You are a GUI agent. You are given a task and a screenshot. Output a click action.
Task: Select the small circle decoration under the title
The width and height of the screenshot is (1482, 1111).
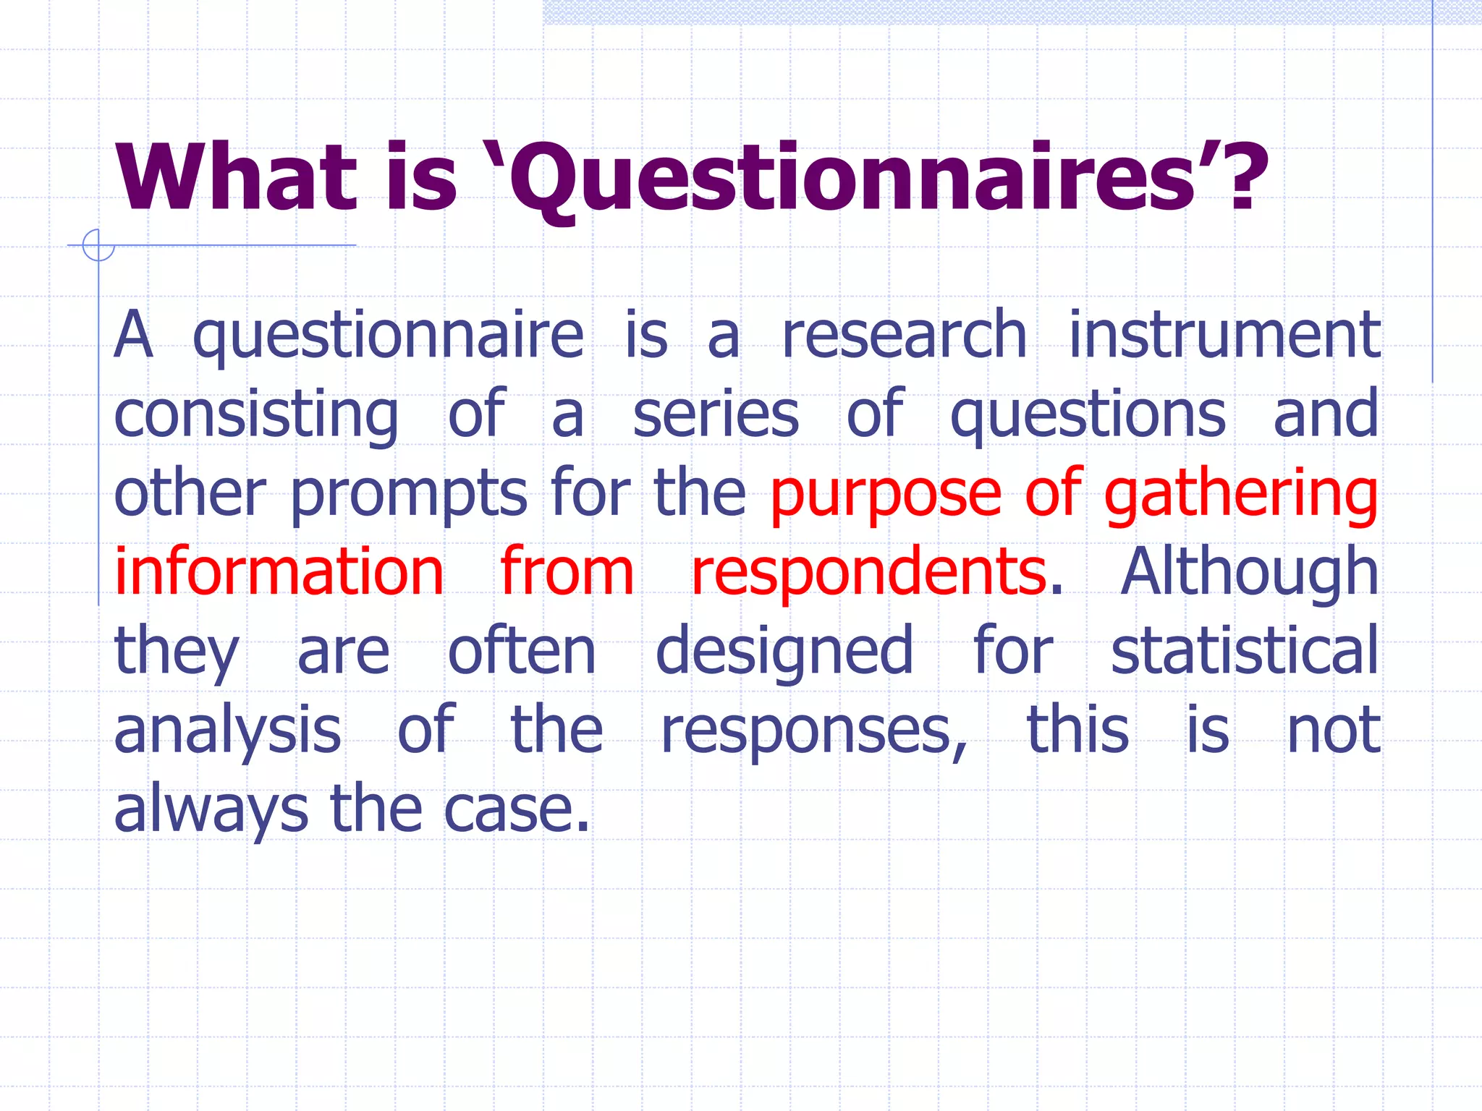tap(98, 244)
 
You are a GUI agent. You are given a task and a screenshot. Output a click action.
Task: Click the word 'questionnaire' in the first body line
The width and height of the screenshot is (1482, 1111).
tap(388, 336)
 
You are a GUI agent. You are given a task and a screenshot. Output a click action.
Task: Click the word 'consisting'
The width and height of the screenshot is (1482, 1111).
tap(256, 416)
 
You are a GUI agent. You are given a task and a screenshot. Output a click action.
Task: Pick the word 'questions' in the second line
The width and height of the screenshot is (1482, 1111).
tap(1088, 416)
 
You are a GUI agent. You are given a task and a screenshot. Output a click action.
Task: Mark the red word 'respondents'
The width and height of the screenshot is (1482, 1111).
tap(868, 574)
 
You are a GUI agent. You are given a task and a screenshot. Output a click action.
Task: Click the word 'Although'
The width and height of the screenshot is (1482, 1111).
tap(1249, 574)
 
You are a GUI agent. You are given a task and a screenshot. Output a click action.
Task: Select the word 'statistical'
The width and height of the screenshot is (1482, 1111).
tap(1245, 651)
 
